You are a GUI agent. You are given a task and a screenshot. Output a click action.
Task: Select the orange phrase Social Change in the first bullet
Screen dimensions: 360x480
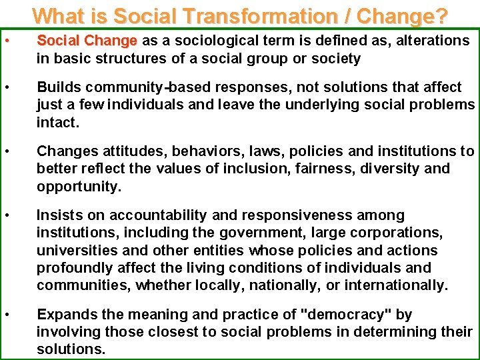tap(87, 41)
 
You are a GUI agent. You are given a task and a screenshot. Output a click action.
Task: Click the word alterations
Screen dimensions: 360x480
tap(433, 41)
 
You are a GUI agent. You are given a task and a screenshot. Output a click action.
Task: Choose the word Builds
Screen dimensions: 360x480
tap(58, 87)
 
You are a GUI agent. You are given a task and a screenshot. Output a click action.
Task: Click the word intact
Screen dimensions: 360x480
tap(58, 123)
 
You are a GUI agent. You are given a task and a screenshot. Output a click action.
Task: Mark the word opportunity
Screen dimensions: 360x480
tap(79, 186)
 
